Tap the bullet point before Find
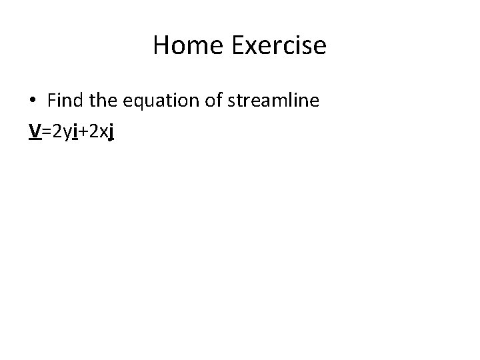click(33, 101)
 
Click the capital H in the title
click(162, 45)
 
